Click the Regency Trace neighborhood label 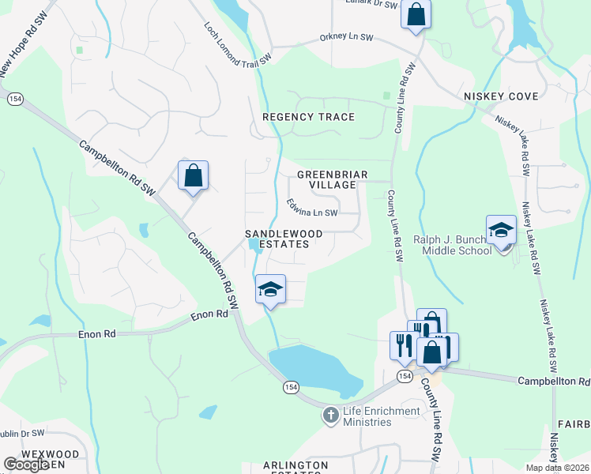pyautogui.click(x=308, y=117)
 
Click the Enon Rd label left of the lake pyautogui.click(x=97, y=335)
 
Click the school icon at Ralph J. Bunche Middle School pyautogui.click(x=501, y=230)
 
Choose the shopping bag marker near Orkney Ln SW pyautogui.click(x=416, y=14)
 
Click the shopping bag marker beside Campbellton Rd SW pyautogui.click(x=193, y=175)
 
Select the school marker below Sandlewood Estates pyautogui.click(x=270, y=289)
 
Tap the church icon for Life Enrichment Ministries pyautogui.click(x=332, y=415)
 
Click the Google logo pyautogui.click(x=26, y=465)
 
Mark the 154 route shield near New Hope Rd pyautogui.click(x=13, y=99)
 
